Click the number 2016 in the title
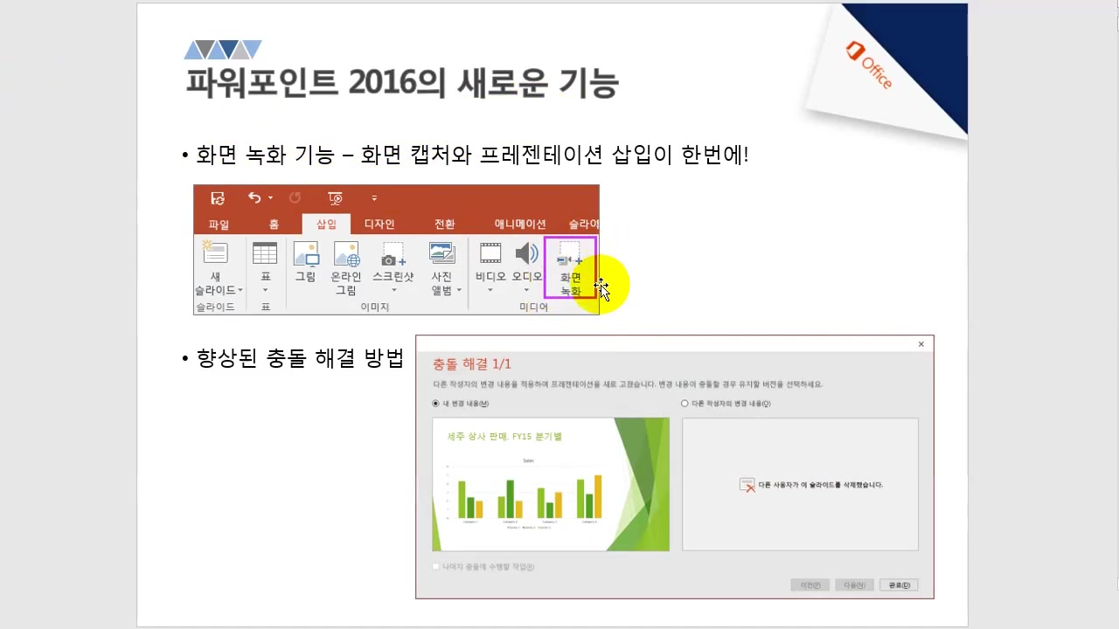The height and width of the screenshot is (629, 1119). point(384,83)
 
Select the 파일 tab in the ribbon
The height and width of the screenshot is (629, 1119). point(219,225)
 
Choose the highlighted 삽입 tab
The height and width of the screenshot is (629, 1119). point(326,225)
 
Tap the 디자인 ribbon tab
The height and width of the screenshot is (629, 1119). point(379,225)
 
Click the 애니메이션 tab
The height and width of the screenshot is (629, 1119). point(520,225)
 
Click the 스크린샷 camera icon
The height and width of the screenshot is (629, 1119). point(393,256)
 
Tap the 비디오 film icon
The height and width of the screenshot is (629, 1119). point(490,254)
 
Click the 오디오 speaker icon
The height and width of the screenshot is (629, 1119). point(526,254)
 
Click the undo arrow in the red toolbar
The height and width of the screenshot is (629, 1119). point(254,198)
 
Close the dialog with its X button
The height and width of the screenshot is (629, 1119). point(921,344)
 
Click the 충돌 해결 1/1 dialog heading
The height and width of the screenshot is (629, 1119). point(472,363)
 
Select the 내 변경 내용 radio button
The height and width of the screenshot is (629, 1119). point(436,404)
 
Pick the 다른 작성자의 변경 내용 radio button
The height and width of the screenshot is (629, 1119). point(685,404)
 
